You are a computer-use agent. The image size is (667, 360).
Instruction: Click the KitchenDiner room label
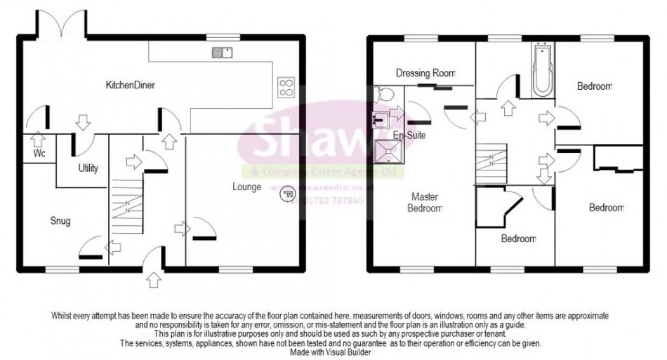click(x=130, y=85)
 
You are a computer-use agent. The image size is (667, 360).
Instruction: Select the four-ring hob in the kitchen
click(x=286, y=86)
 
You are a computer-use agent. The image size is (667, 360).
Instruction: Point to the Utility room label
click(x=88, y=168)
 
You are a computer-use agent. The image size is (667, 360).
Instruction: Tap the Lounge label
click(x=249, y=187)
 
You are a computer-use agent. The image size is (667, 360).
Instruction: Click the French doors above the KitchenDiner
click(x=65, y=25)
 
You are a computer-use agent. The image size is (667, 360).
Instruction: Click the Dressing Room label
click(x=425, y=72)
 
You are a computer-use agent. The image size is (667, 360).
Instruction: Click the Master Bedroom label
click(x=426, y=203)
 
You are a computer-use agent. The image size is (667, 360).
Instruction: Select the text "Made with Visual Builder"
click(x=333, y=351)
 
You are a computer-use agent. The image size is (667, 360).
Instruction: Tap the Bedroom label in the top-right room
click(x=595, y=86)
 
